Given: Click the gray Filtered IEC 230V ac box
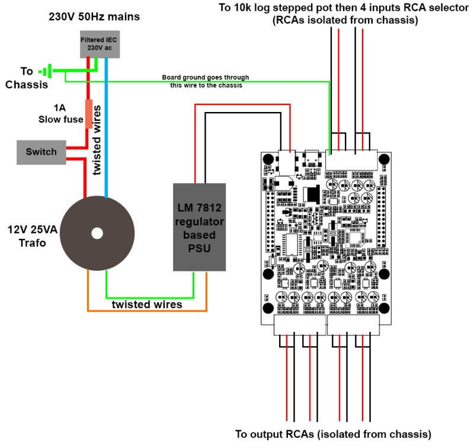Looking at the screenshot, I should point(99,44).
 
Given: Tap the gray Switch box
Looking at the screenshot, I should point(41,152).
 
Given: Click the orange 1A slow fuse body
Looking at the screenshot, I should point(89,114).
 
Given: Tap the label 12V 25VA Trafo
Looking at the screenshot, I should point(32,236).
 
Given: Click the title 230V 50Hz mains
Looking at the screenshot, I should point(94,17).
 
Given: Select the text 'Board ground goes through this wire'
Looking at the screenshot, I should point(206,81).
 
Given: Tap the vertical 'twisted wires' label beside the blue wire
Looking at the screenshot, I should point(98,140).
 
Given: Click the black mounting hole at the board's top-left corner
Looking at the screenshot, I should point(268,159).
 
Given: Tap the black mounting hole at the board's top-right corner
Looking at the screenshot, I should point(384,159).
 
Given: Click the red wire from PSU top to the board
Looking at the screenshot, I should point(243,105).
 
